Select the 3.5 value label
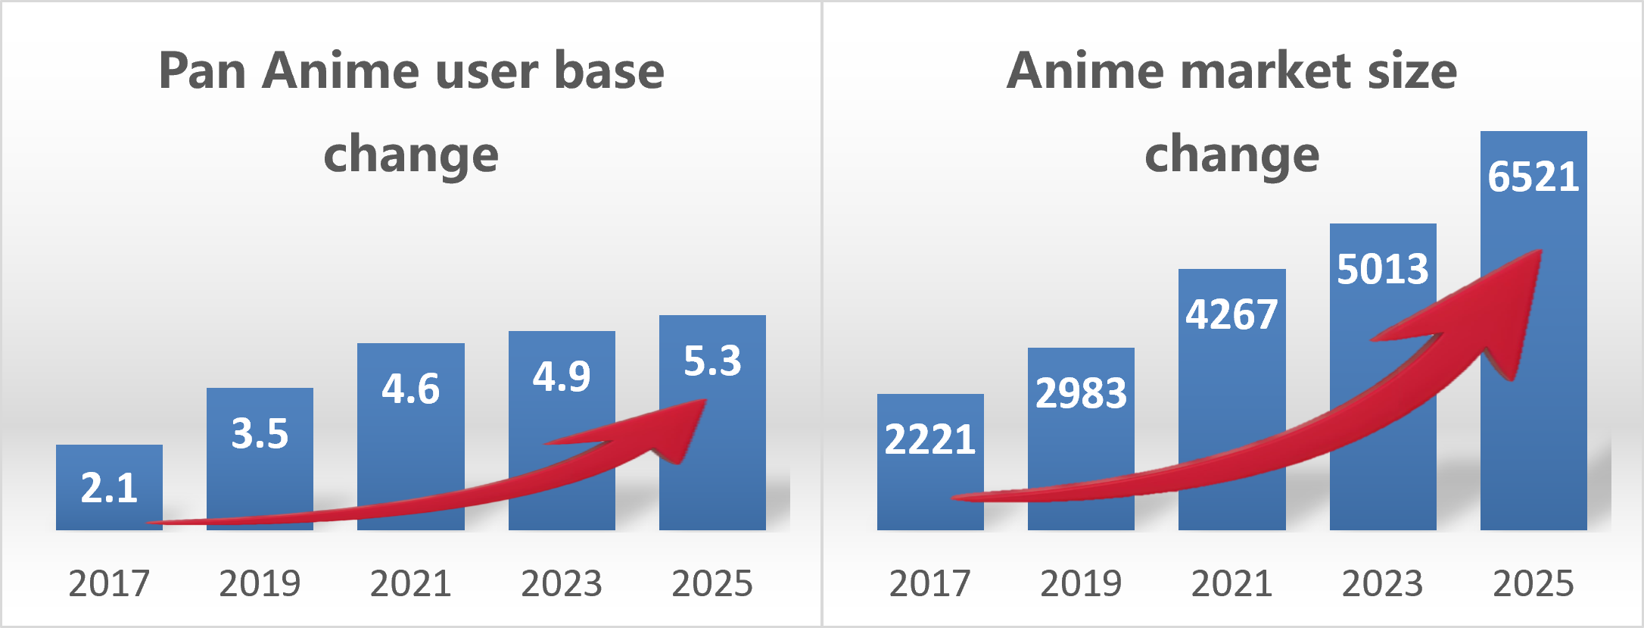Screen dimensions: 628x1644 click(260, 434)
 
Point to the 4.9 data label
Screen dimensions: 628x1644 click(561, 376)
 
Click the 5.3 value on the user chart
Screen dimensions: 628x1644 click(711, 361)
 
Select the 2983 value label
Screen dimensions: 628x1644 click(1081, 393)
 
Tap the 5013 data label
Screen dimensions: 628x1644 click(1382, 269)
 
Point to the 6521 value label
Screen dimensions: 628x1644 click(1533, 177)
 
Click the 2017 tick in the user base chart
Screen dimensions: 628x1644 click(109, 583)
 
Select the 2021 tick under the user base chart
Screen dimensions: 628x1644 click(410, 583)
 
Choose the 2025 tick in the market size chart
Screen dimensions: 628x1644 click(1533, 583)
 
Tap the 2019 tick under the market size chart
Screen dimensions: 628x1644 click(1081, 583)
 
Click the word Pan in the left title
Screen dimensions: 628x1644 click(202, 71)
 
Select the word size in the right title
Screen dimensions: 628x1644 click(1412, 71)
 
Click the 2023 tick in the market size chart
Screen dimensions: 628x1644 click(1382, 583)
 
